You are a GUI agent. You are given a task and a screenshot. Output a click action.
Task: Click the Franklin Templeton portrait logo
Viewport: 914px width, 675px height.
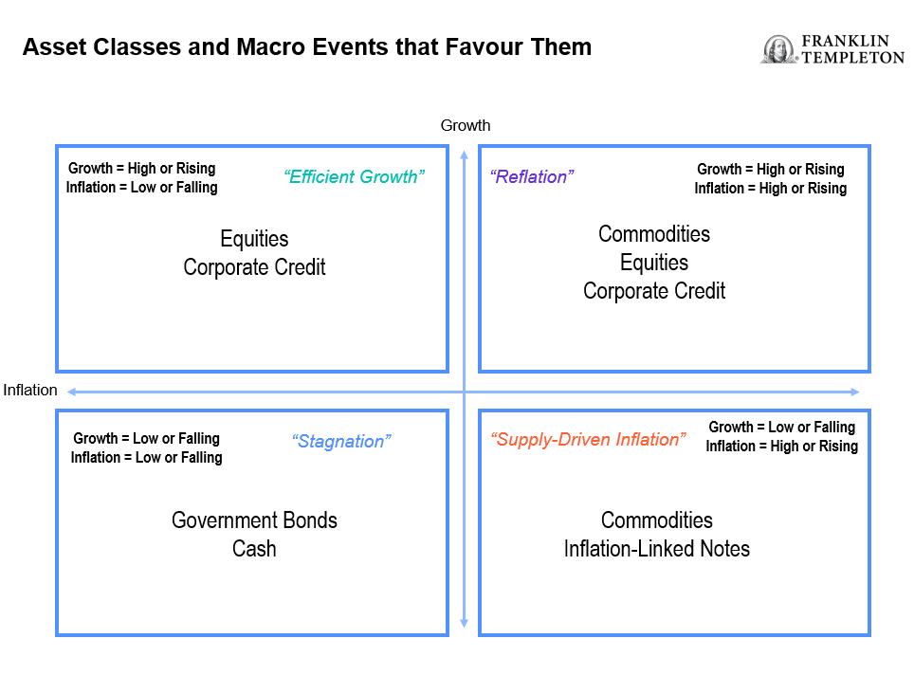click(778, 49)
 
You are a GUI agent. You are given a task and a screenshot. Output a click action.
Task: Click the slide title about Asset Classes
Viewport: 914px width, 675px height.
click(307, 46)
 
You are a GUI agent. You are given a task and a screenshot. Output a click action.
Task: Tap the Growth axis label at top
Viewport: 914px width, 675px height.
click(466, 125)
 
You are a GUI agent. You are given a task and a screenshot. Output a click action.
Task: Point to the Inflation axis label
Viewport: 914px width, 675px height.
click(30, 390)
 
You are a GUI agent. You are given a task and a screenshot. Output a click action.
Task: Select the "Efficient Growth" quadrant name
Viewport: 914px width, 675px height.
click(354, 176)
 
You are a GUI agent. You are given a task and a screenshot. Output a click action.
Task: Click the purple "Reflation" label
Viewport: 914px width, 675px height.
click(532, 176)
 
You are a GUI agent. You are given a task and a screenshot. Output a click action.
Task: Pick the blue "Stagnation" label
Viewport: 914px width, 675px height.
click(341, 441)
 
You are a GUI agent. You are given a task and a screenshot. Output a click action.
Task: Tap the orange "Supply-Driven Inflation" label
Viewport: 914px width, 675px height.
click(588, 439)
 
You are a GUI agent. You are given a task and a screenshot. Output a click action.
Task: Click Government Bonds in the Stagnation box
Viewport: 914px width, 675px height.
click(254, 520)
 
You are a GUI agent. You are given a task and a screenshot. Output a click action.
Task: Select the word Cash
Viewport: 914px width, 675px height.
click(254, 549)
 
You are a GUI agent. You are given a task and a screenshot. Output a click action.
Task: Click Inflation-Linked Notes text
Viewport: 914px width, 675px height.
click(657, 549)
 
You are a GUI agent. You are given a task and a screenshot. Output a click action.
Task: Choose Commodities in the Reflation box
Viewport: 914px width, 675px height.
click(654, 234)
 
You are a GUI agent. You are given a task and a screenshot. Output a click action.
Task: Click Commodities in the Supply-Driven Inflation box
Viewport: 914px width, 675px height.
click(657, 520)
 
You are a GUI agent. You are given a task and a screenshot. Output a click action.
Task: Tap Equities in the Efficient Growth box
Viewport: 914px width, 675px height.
click(254, 239)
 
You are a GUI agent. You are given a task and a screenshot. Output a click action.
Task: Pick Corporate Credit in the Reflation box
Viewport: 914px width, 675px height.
click(654, 291)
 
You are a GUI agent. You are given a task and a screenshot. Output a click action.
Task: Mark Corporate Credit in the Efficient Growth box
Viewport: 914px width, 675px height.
click(254, 267)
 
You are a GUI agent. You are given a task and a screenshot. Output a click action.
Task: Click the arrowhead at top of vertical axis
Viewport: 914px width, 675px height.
click(464, 155)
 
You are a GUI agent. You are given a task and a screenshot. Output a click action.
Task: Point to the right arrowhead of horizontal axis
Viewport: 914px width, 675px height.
click(855, 392)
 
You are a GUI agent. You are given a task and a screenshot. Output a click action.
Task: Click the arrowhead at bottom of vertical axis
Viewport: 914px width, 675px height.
click(464, 623)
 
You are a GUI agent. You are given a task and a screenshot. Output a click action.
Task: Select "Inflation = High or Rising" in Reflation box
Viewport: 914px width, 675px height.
click(771, 189)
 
